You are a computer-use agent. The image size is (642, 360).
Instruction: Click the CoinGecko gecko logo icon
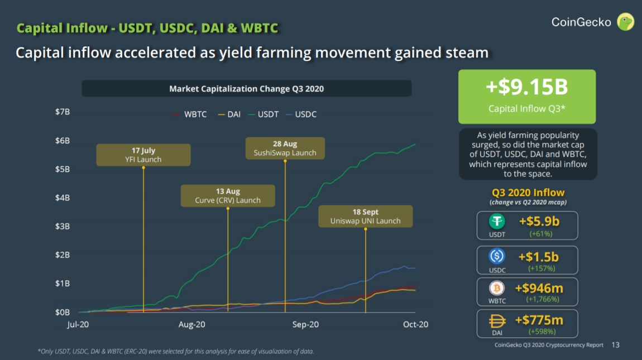(625, 22)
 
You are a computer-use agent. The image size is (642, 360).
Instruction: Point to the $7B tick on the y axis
(63, 112)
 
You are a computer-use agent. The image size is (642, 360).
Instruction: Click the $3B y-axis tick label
(63, 226)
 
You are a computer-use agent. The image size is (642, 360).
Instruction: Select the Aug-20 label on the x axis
(193, 324)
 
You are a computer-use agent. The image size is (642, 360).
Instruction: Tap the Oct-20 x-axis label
(416, 324)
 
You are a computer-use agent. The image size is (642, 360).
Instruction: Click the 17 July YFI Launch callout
(143, 155)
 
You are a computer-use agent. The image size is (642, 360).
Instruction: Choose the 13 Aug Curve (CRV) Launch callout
(228, 196)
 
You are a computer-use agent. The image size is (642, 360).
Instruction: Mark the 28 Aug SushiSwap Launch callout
(285, 148)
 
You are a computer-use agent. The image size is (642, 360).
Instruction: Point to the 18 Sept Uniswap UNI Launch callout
(365, 216)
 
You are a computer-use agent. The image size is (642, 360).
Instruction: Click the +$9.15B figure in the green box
(526, 88)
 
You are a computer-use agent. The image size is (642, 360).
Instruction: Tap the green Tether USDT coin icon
(497, 222)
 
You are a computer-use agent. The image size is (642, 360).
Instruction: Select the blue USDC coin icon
(497, 256)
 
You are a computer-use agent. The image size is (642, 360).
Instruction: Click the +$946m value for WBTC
(539, 288)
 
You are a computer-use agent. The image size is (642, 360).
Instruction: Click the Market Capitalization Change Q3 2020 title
(246, 89)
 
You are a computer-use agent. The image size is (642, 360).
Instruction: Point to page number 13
(616, 345)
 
